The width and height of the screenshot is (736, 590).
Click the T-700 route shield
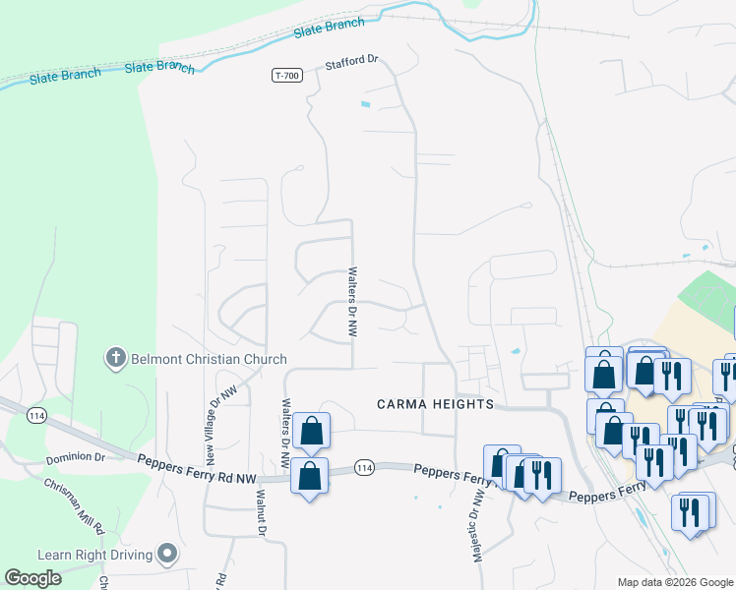(x=286, y=75)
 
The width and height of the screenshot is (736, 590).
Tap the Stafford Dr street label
(x=352, y=63)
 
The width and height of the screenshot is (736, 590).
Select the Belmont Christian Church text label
(x=210, y=359)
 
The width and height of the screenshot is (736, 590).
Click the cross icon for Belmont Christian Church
(x=115, y=357)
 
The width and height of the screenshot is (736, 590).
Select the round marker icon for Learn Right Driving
(x=167, y=555)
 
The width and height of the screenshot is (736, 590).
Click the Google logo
(x=32, y=578)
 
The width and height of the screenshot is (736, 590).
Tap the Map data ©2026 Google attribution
(x=675, y=582)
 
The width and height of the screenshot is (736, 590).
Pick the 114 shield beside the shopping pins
(x=364, y=466)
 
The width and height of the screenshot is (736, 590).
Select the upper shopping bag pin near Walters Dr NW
(x=311, y=430)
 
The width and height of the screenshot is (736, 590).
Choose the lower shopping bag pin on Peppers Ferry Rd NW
(x=310, y=476)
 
